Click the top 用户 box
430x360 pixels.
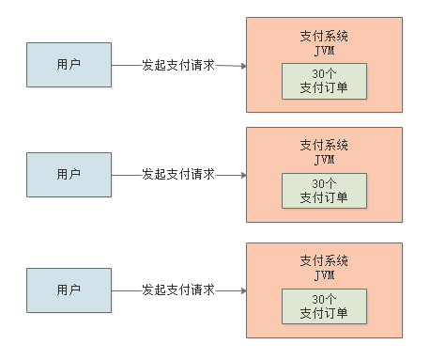[69, 65]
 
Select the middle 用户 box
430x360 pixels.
[69, 175]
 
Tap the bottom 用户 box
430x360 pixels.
[69, 290]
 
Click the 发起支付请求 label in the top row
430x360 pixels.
[178, 65]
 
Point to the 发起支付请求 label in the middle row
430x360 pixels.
[178, 175]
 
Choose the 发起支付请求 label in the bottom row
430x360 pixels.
[178, 290]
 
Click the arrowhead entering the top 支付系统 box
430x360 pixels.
[242, 66]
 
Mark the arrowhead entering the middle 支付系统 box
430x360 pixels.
[242, 175]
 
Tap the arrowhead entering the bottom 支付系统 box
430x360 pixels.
[242, 290]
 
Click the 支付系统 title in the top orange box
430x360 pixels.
[324, 36]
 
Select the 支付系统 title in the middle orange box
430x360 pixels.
[324, 146]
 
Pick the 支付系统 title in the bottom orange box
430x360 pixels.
[324, 260]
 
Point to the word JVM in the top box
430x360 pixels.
[324, 50]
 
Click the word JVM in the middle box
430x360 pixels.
[324, 160]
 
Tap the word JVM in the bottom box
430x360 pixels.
[324, 274]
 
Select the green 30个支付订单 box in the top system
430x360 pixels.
[324, 81]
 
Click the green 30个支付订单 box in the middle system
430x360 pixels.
[324, 191]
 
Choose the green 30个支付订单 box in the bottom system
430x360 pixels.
[324, 305]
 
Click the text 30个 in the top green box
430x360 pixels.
[324, 74]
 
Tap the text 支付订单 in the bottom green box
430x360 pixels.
[324, 313]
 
